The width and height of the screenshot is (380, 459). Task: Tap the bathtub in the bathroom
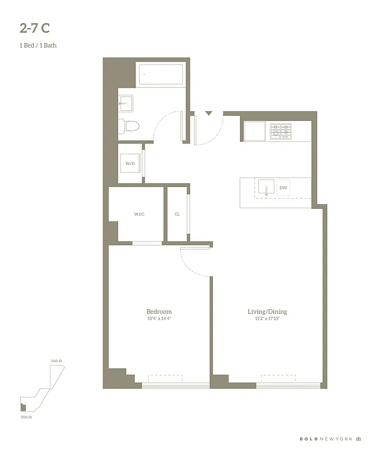tap(160, 75)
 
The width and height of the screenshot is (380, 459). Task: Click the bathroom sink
tap(126, 103)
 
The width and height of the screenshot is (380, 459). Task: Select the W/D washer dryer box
tap(130, 164)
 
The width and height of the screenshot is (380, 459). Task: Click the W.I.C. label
tap(139, 214)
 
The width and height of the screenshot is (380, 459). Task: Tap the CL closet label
tap(177, 214)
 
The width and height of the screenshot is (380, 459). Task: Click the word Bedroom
tap(159, 312)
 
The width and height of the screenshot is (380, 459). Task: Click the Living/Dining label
tap(267, 312)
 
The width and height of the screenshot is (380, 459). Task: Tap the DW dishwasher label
tap(283, 188)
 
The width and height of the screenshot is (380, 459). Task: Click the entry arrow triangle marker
tap(209, 114)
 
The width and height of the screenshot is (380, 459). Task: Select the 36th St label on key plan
tap(56, 360)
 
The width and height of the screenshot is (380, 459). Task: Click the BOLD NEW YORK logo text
tap(326, 439)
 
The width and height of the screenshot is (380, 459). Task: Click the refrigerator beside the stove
tap(254, 131)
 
